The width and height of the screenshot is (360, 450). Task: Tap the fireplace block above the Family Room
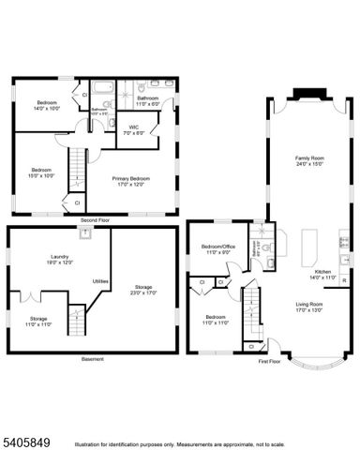pos(307,92)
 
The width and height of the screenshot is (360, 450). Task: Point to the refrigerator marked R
pos(344,280)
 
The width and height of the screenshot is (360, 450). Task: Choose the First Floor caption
pos(271,360)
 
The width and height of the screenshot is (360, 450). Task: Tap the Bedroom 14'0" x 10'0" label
pos(47,104)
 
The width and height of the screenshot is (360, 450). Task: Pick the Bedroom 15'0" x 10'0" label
pos(41,172)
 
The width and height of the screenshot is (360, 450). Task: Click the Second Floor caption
pos(95,221)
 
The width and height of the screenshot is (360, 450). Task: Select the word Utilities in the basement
pos(100,281)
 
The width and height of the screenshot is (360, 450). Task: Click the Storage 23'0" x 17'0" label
pos(142,290)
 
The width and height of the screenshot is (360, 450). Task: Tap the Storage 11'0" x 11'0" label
pos(38,322)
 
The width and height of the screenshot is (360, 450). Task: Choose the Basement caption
pos(92,360)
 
